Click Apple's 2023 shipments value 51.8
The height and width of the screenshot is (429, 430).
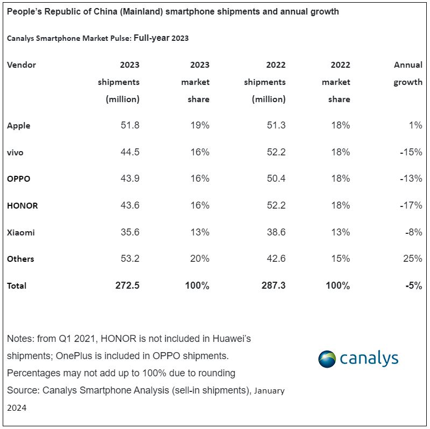(130, 125)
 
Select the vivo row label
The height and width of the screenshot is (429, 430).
(15, 152)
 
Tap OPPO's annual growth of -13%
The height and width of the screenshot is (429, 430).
(411, 178)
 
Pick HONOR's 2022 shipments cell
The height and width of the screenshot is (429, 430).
(276, 205)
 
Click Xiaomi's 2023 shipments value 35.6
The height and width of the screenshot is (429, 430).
(130, 232)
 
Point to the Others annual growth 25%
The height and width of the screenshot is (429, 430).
(412, 259)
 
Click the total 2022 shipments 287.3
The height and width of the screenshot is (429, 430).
(273, 285)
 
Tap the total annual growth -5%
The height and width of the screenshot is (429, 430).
(413, 285)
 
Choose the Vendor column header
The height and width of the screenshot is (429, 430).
(22, 65)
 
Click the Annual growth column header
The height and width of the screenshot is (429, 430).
(408, 74)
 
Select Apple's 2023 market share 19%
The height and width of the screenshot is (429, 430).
(200, 125)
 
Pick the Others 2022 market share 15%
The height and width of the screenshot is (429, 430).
(341, 259)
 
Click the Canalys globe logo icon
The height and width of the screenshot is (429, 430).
(327, 359)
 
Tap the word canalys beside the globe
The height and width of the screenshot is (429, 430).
(369, 359)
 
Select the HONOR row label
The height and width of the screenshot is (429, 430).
(23, 205)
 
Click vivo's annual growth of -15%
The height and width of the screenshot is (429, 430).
(411, 152)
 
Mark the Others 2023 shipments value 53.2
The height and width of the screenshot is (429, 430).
(130, 259)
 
